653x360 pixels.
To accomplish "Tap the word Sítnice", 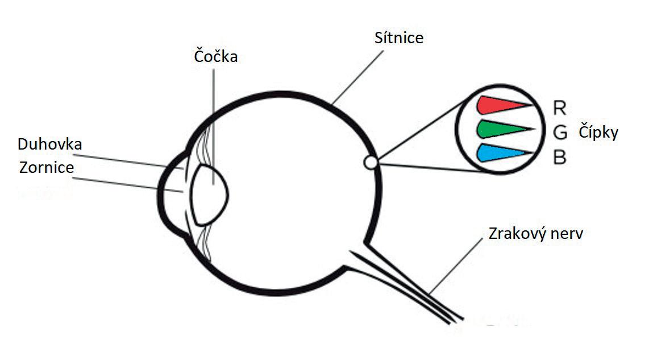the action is (x=399, y=38).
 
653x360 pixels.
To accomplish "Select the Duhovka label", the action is (x=49, y=144).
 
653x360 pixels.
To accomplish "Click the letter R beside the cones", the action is (x=559, y=107).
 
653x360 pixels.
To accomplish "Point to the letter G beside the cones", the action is (x=559, y=133).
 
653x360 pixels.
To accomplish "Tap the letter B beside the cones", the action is (x=559, y=158).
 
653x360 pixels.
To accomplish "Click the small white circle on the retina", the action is (x=371, y=163).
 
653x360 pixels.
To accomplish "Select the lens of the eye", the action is (x=210, y=193).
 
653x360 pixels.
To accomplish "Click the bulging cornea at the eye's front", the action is (x=165, y=193).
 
